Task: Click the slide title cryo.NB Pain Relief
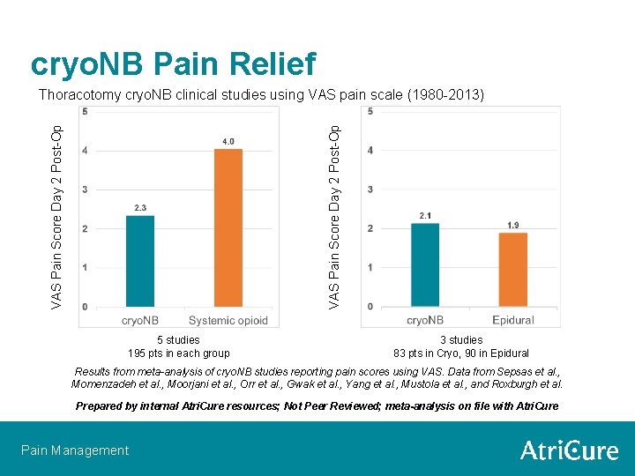click(173, 63)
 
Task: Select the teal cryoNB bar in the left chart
click(140, 261)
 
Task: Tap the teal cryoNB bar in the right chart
click(425, 264)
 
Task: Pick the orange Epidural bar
click(512, 269)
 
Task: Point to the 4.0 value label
click(228, 141)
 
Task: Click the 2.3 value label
click(140, 207)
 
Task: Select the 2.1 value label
click(425, 215)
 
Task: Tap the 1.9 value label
click(512, 226)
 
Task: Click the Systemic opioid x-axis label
click(228, 320)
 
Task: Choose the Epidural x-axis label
click(512, 320)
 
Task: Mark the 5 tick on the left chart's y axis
click(85, 112)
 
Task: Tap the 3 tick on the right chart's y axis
click(370, 190)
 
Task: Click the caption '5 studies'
click(178, 340)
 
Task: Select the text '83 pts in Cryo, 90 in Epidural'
click(461, 353)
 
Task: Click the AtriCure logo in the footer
click(569, 450)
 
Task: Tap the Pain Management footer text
click(75, 450)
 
